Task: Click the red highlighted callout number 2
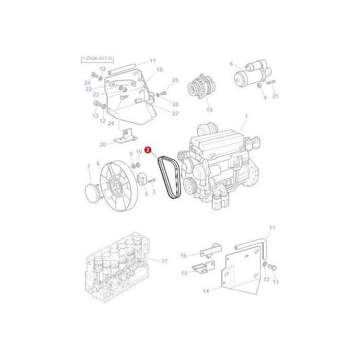click(148, 151)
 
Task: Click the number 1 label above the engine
click(246, 117)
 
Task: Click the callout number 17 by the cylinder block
click(165, 262)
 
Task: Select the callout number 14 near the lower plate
click(206, 292)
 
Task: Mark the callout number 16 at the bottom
click(183, 255)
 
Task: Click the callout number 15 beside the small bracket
click(184, 273)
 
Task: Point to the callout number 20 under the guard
click(103, 145)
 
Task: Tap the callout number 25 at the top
click(175, 80)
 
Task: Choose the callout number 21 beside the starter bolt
click(275, 96)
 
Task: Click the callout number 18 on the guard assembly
click(159, 69)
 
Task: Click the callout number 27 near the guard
click(175, 114)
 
